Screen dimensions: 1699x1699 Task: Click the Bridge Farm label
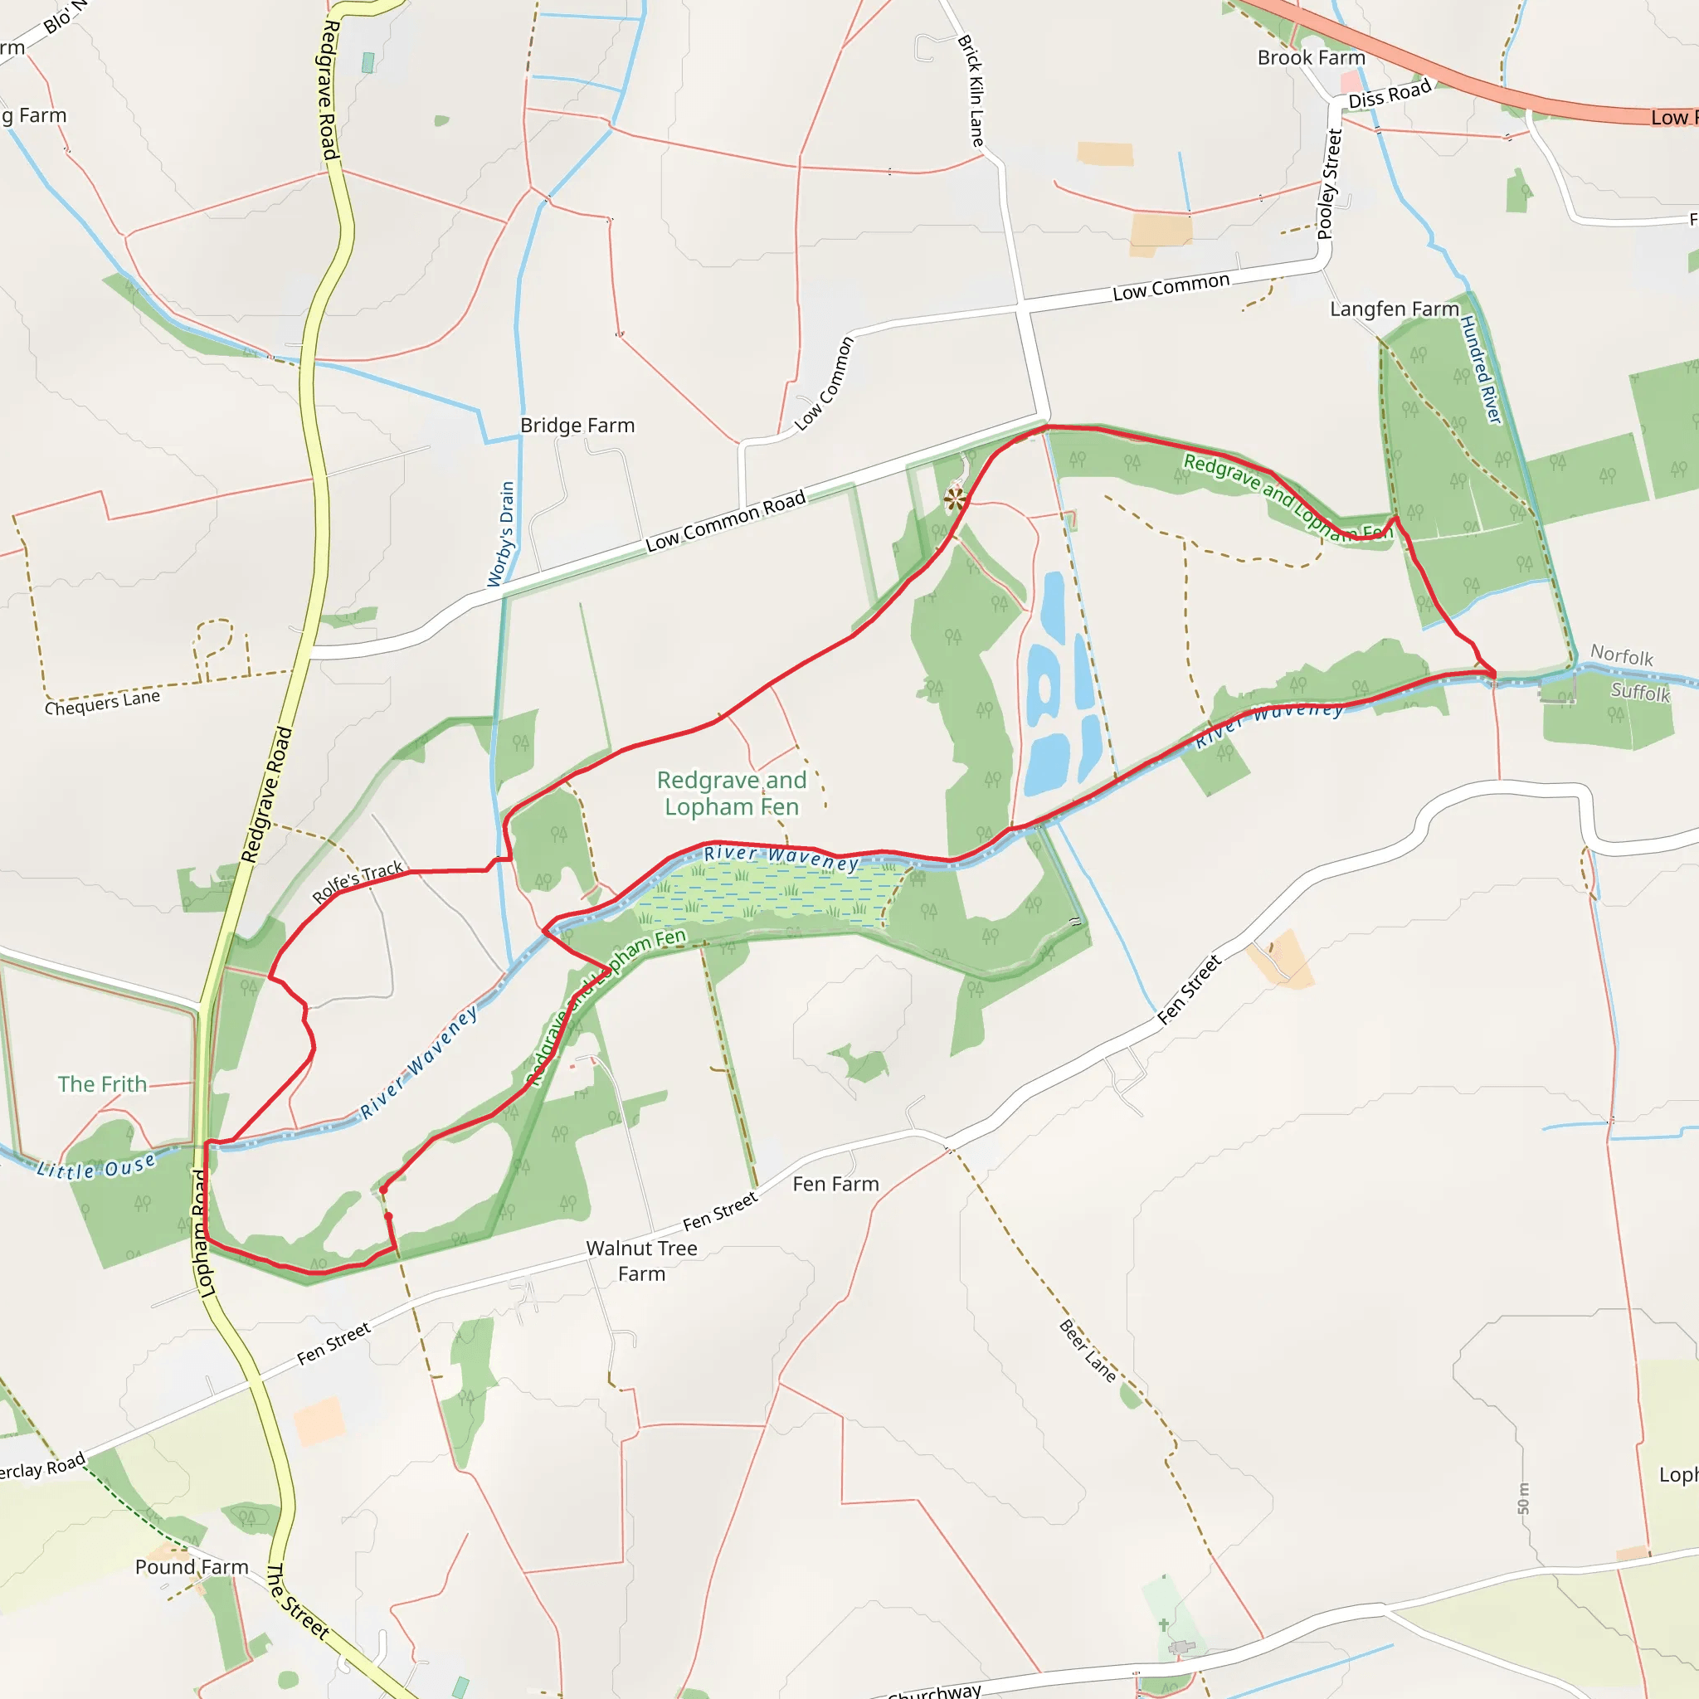[577, 426]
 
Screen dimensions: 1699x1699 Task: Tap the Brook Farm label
[1312, 58]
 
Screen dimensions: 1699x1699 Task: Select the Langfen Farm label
[1394, 309]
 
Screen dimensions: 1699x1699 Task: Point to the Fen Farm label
[835, 1185]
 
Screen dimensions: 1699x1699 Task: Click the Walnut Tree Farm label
[642, 1260]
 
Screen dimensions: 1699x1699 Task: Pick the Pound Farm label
[192, 1567]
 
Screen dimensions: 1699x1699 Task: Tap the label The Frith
[103, 1084]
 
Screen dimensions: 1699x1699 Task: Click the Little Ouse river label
[97, 1168]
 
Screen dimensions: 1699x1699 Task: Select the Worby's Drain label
[501, 533]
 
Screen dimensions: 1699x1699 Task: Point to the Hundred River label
[1481, 369]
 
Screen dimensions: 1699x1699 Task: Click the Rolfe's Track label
[358, 882]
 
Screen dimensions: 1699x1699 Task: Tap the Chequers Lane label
[103, 703]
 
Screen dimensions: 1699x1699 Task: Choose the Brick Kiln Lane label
[971, 90]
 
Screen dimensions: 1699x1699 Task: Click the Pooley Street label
[1330, 184]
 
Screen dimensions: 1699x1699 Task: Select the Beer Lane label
[1088, 1351]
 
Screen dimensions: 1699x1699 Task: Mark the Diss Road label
[1390, 94]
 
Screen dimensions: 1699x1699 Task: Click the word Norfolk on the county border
[1622, 656]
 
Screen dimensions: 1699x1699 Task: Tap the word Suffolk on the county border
[1640, 692]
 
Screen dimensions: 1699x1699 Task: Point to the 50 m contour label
[1524, 1498]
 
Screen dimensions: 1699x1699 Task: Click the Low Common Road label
[726, 522]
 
